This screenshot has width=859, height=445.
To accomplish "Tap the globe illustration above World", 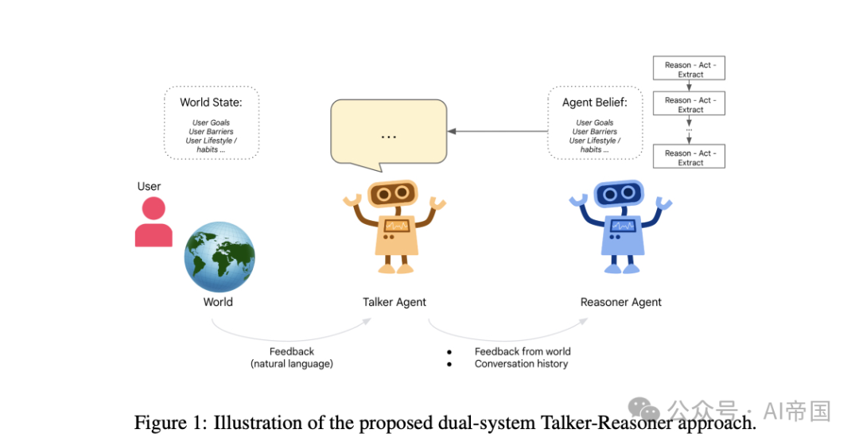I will pos(220,257).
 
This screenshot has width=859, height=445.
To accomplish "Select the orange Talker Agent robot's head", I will pos(394,194).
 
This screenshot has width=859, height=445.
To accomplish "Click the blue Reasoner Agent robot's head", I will pos(620,194).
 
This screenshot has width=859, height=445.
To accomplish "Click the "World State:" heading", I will pos(211,102).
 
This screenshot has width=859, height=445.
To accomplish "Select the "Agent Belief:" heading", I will pos(594,102).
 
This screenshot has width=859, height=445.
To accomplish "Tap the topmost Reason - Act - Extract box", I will pos(690,69).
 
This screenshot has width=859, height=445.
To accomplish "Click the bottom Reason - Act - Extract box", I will pos(690,157).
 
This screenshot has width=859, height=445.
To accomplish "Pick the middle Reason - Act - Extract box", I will pos(690,104).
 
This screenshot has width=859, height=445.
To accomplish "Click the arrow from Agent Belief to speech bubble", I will pos(496,130).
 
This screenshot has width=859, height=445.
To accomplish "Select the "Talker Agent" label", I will pos(395,302).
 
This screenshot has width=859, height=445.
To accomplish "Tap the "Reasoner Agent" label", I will pos(621,302).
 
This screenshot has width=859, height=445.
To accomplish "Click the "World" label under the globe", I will pos(218,302).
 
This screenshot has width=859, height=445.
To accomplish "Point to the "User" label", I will pos(149,186).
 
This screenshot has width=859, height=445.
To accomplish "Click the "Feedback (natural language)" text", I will pos(291,358).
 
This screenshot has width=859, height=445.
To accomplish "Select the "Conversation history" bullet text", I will pos(521,364).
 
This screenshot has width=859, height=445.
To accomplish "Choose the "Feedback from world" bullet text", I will pos(523,351).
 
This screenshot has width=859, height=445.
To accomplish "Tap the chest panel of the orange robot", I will pos(396,226).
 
